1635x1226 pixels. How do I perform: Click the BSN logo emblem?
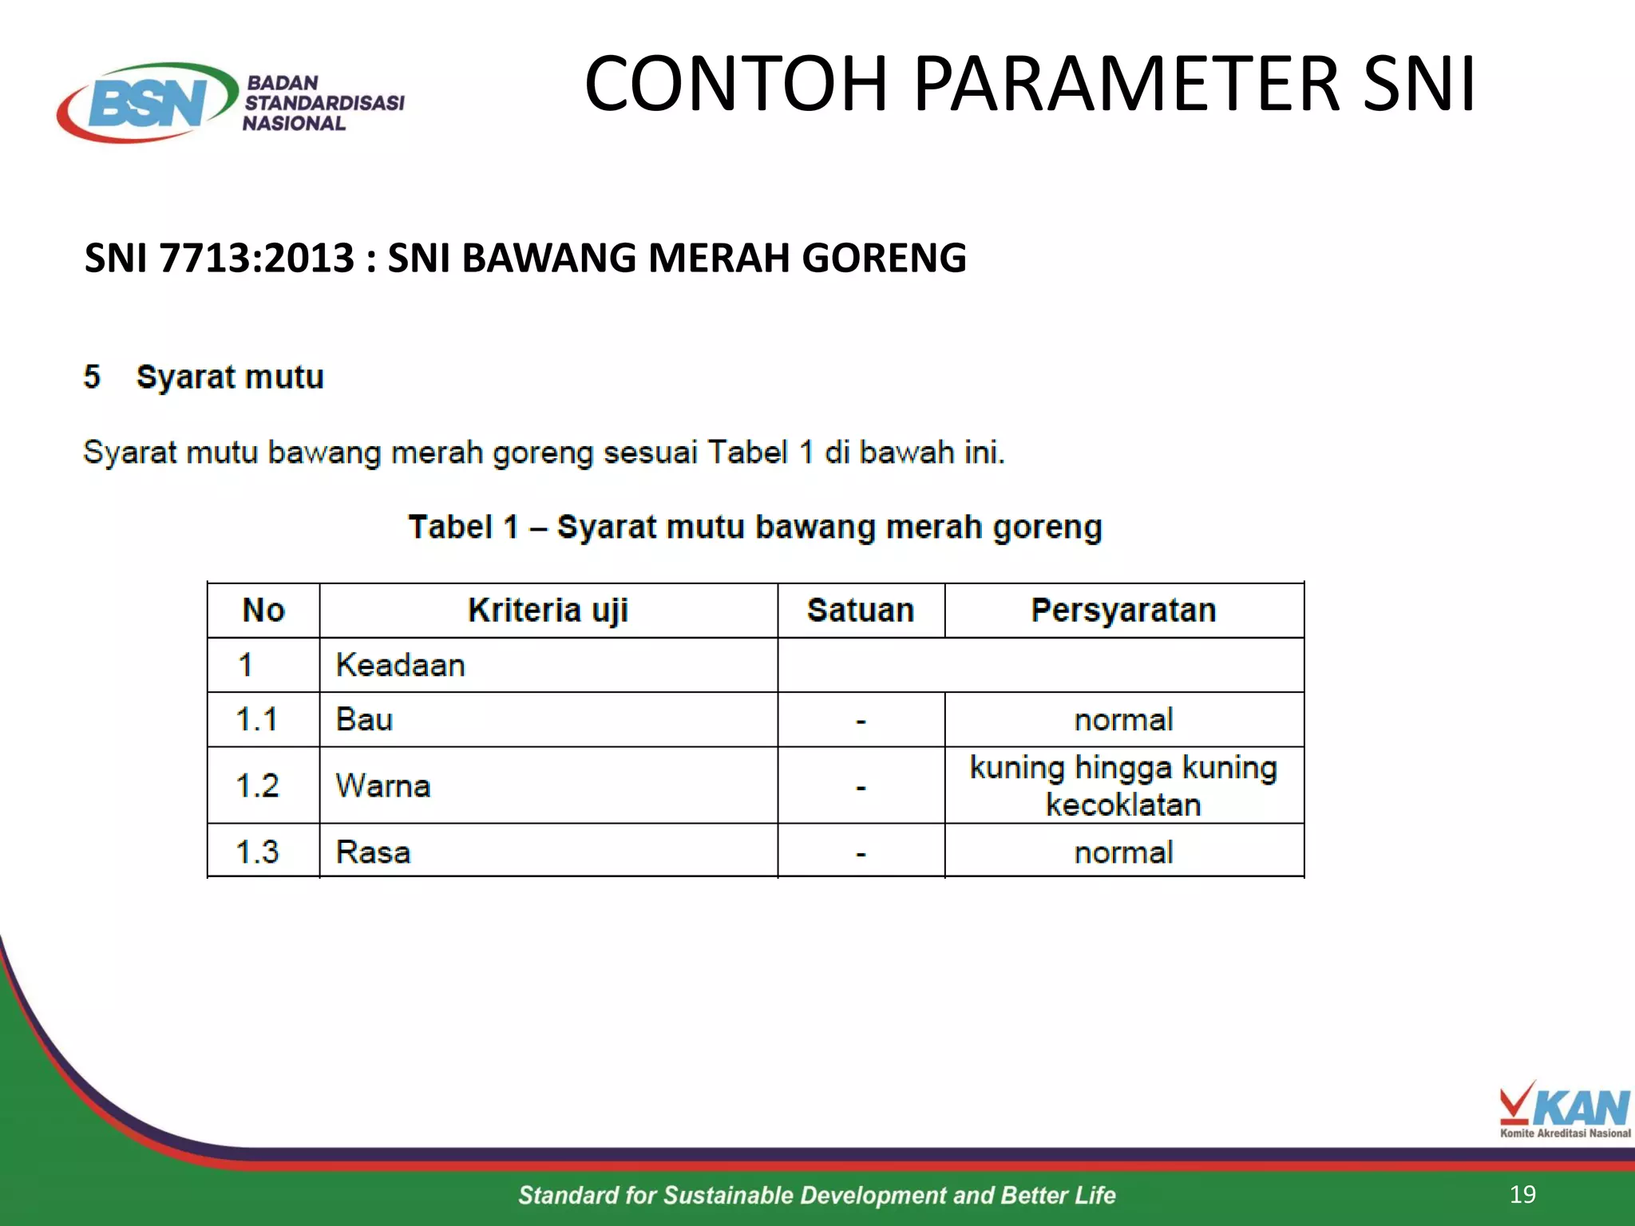pyautogui.click(x=148, y=103)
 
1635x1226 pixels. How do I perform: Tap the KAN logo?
pyautogui.click(x=1564, y=1109)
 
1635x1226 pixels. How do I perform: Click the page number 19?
pyautogui.click(x=1522, y=1194)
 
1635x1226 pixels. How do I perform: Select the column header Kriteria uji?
pyautogui.click(x=548, y=611)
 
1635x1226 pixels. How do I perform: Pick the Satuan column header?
pyautogui.click(x=861, y=611)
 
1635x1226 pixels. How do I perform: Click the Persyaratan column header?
pyautogui.click(x=1123, y=611)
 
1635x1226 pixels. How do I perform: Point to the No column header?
pyautogui.click(x=263, y=611)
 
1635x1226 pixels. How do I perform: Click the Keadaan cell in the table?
pyautogui.click(x=400, y=666)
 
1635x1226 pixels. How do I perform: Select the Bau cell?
pyautogui.click(x=364, y=720)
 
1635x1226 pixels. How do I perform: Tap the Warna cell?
pyautogui.click(x=383, y=786)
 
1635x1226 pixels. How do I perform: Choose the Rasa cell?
pyautogui.click(x=373, y=852)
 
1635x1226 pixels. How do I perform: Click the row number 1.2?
pyautogui.click(x=257, y=786)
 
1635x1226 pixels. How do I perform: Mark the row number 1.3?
pyautogui.click(x=257, y=852)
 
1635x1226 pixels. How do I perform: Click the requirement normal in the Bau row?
pyautogui.click(x=1123, y=720)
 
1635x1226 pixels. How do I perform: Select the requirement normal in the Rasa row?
pyautogui.click(x=1123, y=853)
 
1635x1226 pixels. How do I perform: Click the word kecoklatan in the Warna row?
pyautogui.click(x=1123, y=805)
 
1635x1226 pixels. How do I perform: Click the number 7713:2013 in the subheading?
pyautogui.click(x=257, y=259)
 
